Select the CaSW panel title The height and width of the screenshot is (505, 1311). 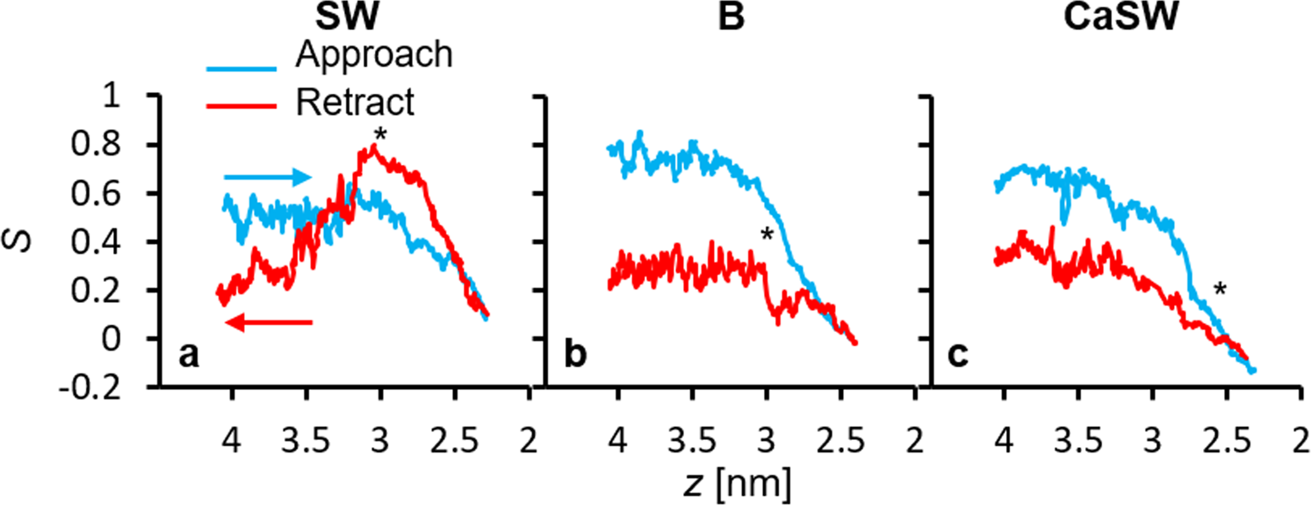click(x=1117, y=17)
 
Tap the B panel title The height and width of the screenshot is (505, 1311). click(x=730, y=17)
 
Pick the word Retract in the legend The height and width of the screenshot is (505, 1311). click(x=355, y=103)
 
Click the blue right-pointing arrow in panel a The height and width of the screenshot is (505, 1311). click(x=269, y=177)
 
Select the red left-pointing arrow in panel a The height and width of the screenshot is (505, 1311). click(x=269, y=323)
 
